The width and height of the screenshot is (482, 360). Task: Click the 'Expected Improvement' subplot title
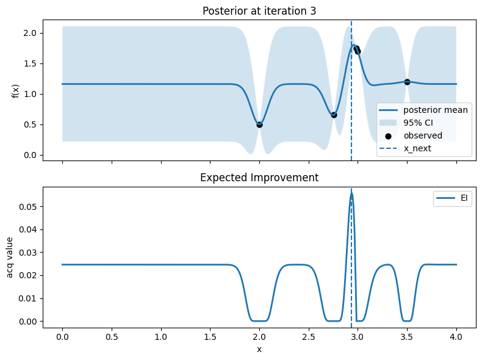tap(259, 178)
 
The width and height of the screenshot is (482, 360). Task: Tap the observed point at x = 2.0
tap(259, 124)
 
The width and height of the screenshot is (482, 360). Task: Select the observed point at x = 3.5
tap(407, 82)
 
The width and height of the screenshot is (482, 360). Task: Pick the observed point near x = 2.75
tap(334, 115)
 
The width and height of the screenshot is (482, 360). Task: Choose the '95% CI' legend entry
tap(419, 123)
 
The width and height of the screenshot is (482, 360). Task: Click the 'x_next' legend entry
tap(417, 148)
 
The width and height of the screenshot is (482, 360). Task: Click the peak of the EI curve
tap(351, 193)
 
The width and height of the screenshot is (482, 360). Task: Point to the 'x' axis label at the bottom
tap(259, 349)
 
